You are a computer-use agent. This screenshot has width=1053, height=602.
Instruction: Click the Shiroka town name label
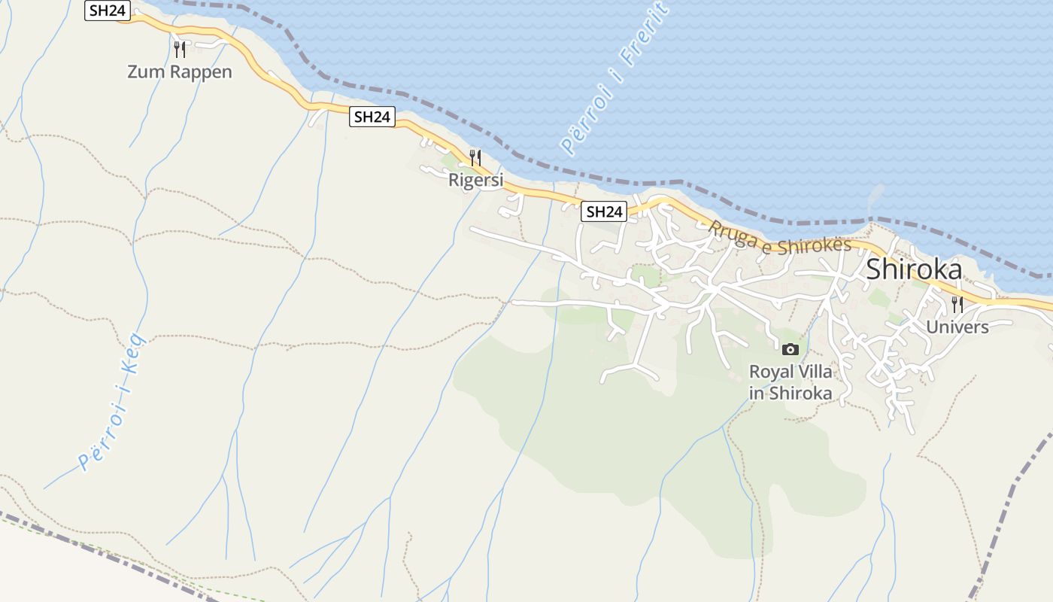pyautogui.click(x=914, y=269)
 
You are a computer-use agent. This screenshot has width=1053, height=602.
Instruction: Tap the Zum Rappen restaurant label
pyautogui.click(x=180, y=72)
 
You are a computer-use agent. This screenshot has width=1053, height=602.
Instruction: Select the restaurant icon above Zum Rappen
pyautogui.click(x=180, y=50)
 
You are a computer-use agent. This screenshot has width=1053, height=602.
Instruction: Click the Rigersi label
pyautogui.click(x=475, y=180)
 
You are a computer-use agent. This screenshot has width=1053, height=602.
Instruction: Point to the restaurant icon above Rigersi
pyautogui.click(x=475, y=157)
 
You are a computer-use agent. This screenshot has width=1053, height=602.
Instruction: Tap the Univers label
pyautogui.click(x=957, y=327)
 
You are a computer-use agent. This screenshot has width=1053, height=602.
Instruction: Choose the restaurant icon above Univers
pyautogui.click(x=957, y=304)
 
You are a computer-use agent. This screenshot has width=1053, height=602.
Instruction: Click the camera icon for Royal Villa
pyautogui.click(x=790, y=349)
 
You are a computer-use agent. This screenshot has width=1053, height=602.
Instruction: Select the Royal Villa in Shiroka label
pyautogui.click(x=791, y=382)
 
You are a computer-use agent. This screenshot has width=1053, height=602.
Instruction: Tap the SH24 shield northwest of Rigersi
pyautogui.click(x=372, y=117)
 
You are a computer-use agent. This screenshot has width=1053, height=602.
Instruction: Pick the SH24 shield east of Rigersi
pyautogui.click(x=604, y=211)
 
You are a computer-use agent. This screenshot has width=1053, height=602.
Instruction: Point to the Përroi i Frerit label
pyautogui.click(x=614, y=78)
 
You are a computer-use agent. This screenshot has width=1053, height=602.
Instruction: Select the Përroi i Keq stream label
pyautogui.click(x=112, y=403)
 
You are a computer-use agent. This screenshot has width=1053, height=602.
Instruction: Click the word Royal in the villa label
pyautogui.click(x=770, y=372)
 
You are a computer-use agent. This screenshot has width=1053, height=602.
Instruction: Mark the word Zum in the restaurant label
pyautogui.click(x=144, y=72)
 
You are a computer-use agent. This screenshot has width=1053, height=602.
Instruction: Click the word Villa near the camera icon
pyautogui.click(x=815, y=372)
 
